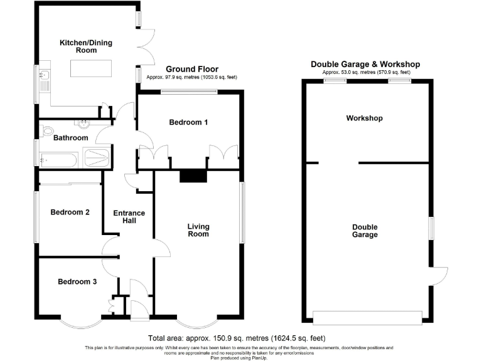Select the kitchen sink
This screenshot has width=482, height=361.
pyautogui.click(x=43, y=78)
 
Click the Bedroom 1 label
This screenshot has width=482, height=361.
pyautogui.click(x=188, y=123)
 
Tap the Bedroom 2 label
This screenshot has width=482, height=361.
pyautogui.click(x=70, y=212)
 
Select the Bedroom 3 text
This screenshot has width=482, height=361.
pyautogui.click(x=77, y=282)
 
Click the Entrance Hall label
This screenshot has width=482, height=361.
pyautogui.click(x=129, y=217)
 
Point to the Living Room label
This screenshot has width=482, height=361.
pyautogui.click(x=198, y=230)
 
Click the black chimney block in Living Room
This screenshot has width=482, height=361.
pyautogui.click(x=193, y=177)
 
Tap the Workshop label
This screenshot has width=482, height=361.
pyautogui.click(x=364, y=118)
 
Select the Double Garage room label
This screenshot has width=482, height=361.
pyautogui.click(x=365, y=231)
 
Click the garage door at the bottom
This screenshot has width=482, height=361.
pyautogui.click(x=368, y=317)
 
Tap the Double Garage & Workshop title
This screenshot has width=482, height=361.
pyautogui.click(x=366, y=65)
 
